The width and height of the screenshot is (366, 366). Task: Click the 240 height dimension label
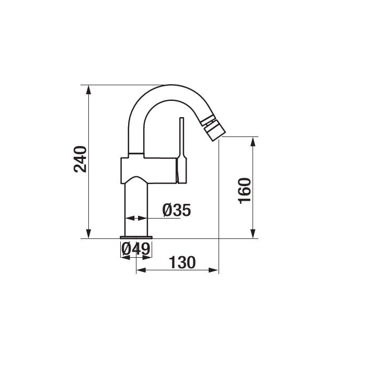coord(80,159)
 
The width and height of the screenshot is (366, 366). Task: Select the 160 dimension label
coord(245,191)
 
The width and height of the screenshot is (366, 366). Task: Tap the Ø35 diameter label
coord(177,210)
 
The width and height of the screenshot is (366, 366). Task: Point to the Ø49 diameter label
coord(135,249)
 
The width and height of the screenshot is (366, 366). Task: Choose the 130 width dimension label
coord(182,262)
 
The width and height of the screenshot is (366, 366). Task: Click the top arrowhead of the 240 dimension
coord(88,89)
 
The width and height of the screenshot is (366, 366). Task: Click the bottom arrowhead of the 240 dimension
coord(88,234)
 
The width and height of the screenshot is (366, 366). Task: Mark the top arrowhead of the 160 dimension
coord(253,142)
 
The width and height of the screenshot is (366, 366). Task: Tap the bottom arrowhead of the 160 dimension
coord(253,234)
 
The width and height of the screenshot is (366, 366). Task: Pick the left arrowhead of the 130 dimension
coord(141,270)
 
